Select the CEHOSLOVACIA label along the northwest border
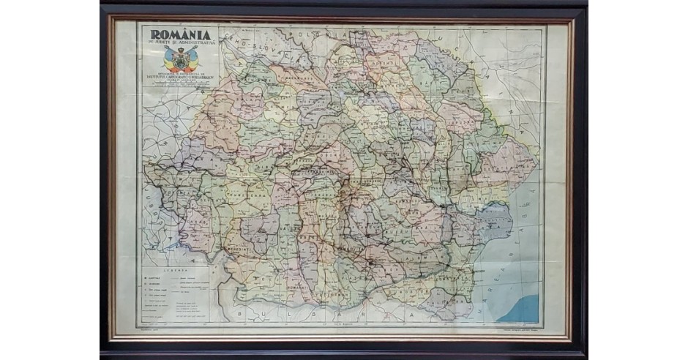[256, 40]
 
